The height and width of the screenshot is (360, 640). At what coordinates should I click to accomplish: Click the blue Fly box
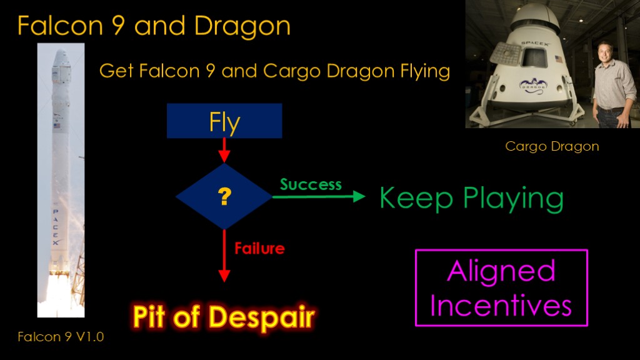(x=224, y=121)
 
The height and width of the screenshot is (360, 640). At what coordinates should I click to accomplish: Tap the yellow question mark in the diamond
(x=224, y=196)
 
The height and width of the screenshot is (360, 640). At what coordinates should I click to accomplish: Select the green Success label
(x=311, y=185)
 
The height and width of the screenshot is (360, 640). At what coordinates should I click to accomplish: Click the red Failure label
(x=259, y=248)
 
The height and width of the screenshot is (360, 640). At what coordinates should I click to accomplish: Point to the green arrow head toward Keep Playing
(x=359, y=196)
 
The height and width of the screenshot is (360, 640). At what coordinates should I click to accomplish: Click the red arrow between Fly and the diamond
(x=224, y=150)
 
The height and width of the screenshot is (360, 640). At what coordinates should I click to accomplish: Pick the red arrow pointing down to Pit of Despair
(x=224, y=256)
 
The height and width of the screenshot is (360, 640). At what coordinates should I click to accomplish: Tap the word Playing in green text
(x=513, y=199)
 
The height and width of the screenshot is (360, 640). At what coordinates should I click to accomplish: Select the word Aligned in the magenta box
(x=501, y=271)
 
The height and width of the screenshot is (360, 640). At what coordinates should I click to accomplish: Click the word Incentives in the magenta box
(x=501, y=305)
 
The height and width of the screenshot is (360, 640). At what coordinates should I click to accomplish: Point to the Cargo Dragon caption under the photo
(x=552, y=146)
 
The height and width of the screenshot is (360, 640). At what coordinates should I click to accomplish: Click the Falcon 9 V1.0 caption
(x=61, y=337)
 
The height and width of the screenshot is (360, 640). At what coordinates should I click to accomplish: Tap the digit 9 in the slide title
(x=118, y=26)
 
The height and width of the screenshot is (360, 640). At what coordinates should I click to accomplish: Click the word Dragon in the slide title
(x=242, y=27)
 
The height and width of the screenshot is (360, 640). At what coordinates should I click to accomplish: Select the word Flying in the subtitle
(x=425, y=71)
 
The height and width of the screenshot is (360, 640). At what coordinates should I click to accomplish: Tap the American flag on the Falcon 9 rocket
(x=57, y=126)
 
